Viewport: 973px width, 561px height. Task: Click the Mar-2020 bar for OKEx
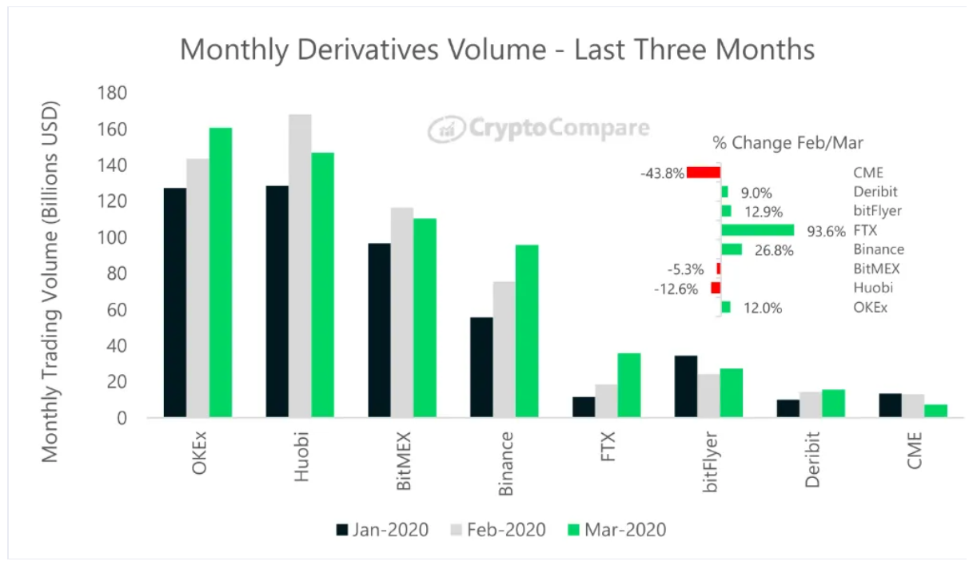tap(221, 272)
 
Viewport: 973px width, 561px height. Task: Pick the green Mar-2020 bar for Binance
tap(527, 331)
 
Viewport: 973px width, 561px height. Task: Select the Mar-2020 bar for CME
tap(935, 411)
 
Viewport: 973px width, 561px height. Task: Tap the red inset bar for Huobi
tap(716, 288)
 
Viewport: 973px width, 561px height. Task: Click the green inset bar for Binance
tap(732, 249)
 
